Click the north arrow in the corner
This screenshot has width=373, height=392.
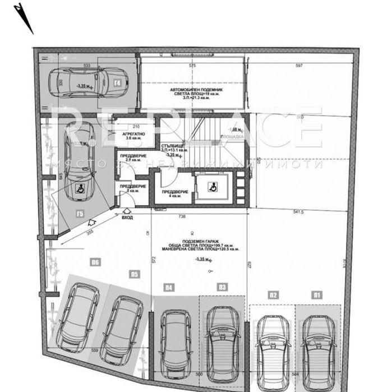[x=24, y=18]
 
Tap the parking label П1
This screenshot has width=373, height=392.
[x=317, y=294]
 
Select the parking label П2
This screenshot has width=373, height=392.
[x=273, y=294]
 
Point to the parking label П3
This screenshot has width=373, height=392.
[x=223, y=288]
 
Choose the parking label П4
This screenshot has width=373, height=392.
[x=168, y=288]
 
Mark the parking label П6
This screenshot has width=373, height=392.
[x=95, y=261]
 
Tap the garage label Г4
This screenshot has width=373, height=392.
[x=117, y=85]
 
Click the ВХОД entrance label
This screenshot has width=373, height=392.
[x=127, y=217]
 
